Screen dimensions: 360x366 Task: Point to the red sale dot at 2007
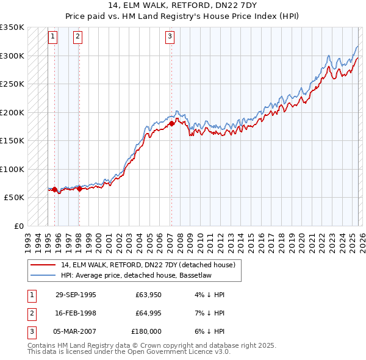171,123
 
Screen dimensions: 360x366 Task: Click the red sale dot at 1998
79,189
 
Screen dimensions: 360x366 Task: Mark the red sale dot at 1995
55,189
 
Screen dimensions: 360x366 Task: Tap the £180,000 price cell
146,331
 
